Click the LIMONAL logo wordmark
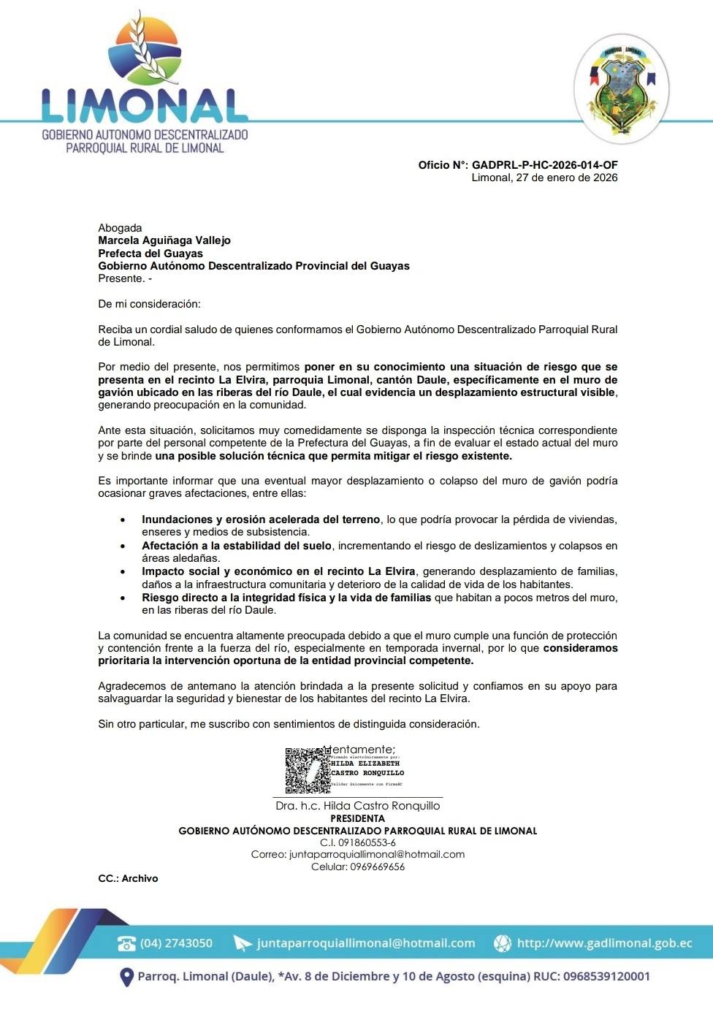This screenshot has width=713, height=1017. point(144,106)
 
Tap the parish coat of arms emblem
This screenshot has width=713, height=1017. point(622,88)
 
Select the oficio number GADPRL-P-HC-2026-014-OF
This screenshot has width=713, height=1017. point(544,165)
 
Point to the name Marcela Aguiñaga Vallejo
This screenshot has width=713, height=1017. point(164,240)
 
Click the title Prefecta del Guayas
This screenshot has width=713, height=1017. point(150,254)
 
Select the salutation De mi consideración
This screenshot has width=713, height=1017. point(149,304)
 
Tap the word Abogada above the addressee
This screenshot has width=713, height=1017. point(120,228)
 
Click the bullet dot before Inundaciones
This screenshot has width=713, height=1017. point(123,520)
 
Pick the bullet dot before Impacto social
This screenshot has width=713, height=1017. point(123,572)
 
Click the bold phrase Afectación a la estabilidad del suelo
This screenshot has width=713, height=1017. point(237,546)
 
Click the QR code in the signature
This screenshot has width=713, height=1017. point(307,771)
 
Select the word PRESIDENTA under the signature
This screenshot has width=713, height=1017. point(357,819)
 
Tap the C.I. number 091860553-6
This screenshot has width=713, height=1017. point(358,843)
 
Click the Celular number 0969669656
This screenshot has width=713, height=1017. point(377,867)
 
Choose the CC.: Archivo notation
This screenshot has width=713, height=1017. point(128,879)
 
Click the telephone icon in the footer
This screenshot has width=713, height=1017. point(126,943)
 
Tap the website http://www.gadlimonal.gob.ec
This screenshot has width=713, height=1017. point(604,943)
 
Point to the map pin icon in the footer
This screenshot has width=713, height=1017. point(126,977)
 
